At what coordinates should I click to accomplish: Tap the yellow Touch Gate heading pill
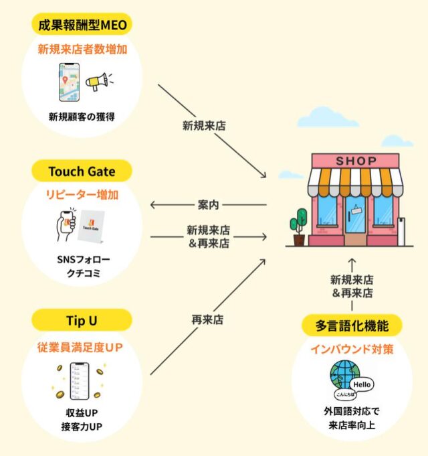tap(82, 171)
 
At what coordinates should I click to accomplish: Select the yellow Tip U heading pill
tap(82, 321)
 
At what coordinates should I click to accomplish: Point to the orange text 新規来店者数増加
tap(82, 51)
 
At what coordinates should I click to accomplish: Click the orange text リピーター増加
tap(82, 196)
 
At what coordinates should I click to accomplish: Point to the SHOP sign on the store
tap(356, 161)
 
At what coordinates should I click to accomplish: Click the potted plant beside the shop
tap(299, 226)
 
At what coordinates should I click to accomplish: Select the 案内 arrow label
tap(207, 205)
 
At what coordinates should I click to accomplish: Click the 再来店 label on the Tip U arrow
tap(207, 319)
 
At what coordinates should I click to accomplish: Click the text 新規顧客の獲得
tap(82, 117)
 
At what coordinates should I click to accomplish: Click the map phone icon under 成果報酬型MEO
tap(68, 83)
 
